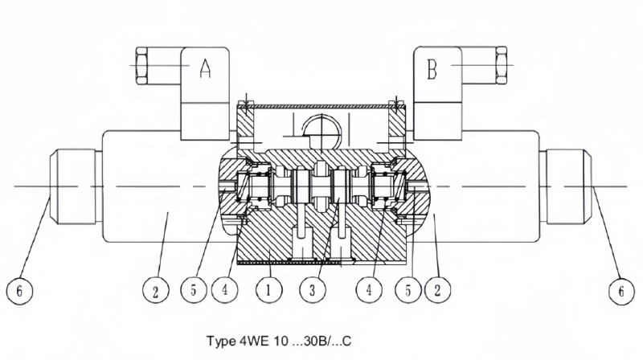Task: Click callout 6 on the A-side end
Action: pos(25,290)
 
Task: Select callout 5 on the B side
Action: pos(409,290)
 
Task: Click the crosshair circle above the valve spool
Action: pos(320,128)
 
